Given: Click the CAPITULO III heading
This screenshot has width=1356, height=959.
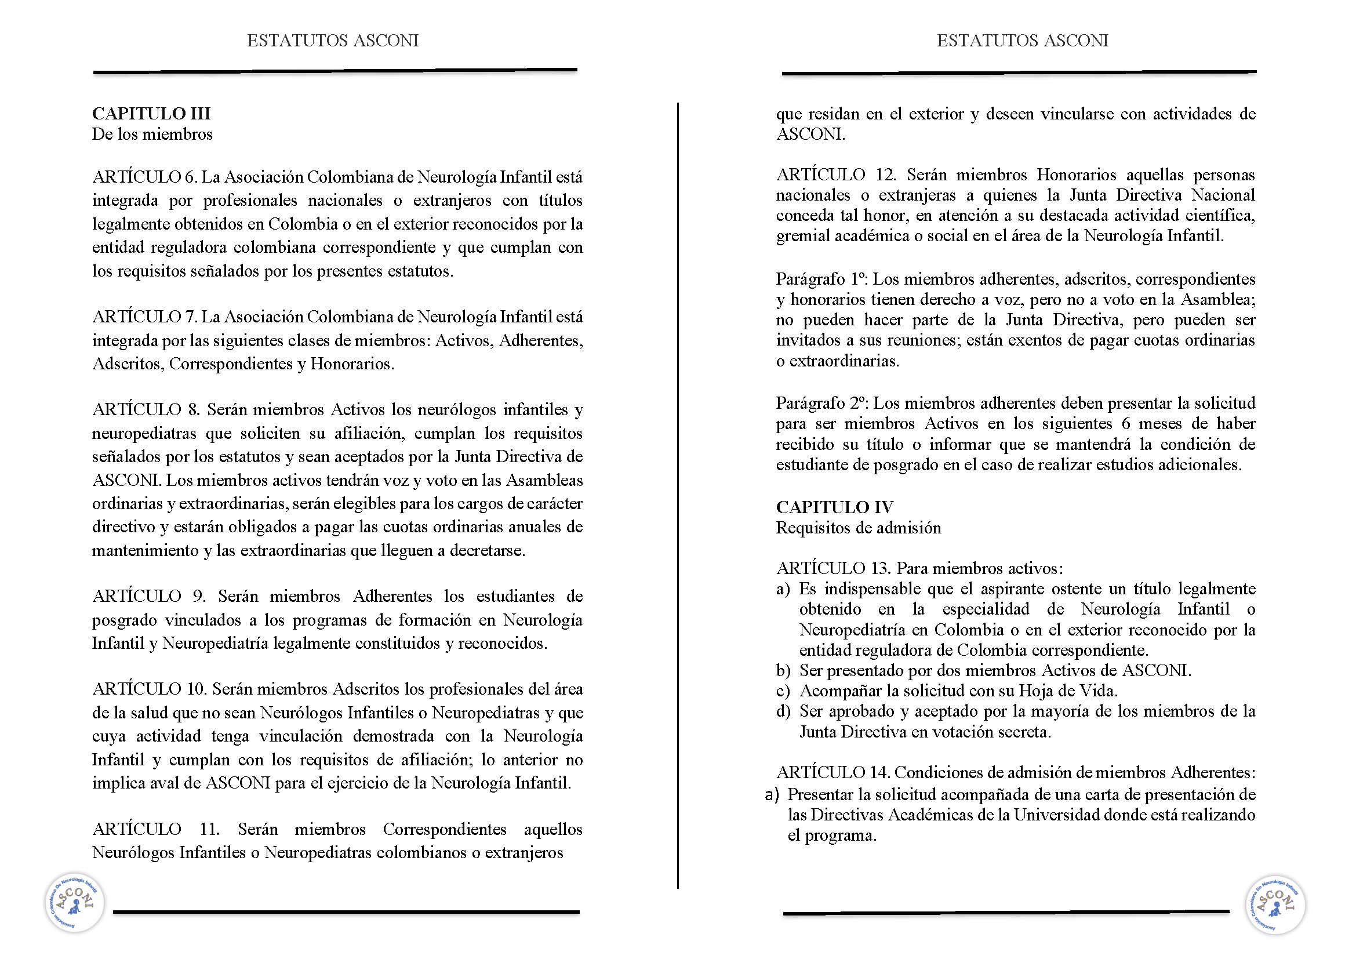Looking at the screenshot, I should click(151, 114).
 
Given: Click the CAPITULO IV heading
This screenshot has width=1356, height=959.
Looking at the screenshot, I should click(834, 507).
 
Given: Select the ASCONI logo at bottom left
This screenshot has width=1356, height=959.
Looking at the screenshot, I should click(75, 902).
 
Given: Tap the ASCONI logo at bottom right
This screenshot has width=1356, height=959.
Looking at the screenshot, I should click(1275, 904).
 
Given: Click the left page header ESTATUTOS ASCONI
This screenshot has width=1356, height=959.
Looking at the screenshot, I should click(333, 41).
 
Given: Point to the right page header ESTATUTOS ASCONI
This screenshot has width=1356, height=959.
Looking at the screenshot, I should click(1022, 41).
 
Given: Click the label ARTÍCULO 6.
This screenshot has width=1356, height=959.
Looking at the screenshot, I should click(144, 177).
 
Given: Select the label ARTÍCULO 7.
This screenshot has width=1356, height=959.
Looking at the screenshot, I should click(144, 317).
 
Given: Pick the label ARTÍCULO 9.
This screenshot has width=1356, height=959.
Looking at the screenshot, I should click(148, 597).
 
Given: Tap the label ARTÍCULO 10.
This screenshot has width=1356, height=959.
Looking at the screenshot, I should click(148, 689).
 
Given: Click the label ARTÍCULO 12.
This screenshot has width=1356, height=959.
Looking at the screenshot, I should click(836, 175).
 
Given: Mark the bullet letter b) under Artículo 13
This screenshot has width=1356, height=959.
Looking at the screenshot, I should click(783, 671).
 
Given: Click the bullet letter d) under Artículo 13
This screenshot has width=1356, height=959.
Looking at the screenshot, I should click(783, 711).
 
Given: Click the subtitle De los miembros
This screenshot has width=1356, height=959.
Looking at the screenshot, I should click(152, 135).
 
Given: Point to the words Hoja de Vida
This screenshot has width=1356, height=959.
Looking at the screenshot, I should click(1068, 691).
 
